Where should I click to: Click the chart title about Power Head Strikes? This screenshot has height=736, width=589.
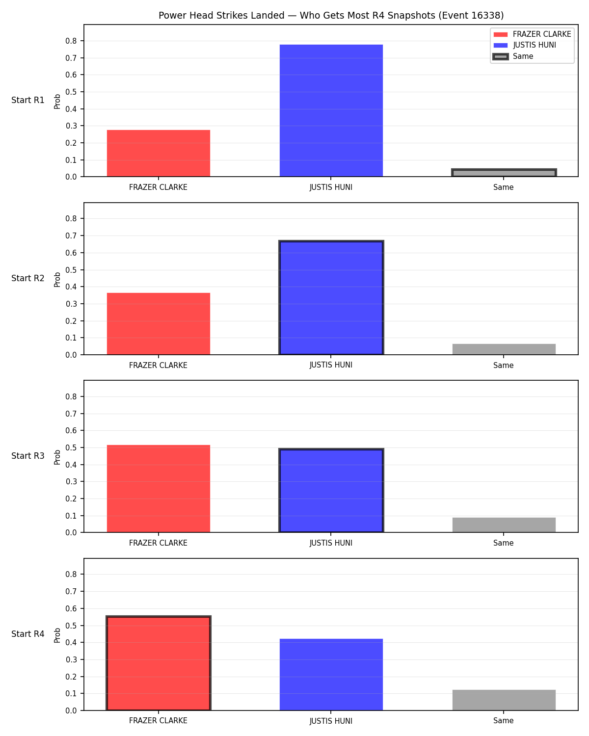click(x=331, y=15)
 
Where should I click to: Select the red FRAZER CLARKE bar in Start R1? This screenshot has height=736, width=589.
click(x=159, y=153)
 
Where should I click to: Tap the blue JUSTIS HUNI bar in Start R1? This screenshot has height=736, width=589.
click(x=331, y=110)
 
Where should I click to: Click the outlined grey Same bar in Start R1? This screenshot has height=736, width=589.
click(x=504, y=173)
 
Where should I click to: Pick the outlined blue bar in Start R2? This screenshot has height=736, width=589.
click(x=331, y=297)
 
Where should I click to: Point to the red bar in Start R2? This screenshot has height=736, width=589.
click(x=159, y=324)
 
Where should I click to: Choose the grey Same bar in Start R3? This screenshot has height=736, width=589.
click(x=504, y=525)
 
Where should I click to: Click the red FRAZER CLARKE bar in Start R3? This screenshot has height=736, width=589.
click(x=159, y=489)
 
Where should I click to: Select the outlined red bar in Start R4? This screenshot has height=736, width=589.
click(x=159, y=663)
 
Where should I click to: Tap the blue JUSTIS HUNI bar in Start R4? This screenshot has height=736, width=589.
click(x=331, y=675)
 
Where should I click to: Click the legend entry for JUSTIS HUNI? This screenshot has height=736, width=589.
click(x=525, y=45)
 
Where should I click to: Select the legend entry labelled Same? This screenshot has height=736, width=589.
click(x=513, y=56)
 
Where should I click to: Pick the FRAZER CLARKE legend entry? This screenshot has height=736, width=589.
click(x=533, y=34)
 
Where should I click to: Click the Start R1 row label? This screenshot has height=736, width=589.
click(x=27, y=100)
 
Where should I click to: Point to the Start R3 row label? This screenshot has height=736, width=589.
click(x=27, y=456)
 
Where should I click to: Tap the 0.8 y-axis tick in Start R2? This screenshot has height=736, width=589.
click(x=71, y=218)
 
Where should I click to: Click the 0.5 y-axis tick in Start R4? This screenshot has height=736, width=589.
click(x=71, y=626)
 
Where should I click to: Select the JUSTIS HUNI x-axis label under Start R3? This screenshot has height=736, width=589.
click(x=331, y=543)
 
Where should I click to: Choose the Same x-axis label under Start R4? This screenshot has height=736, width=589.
click(x=504, y=721)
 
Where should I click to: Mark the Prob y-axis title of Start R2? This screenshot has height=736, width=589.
click(x=57, y=279)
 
